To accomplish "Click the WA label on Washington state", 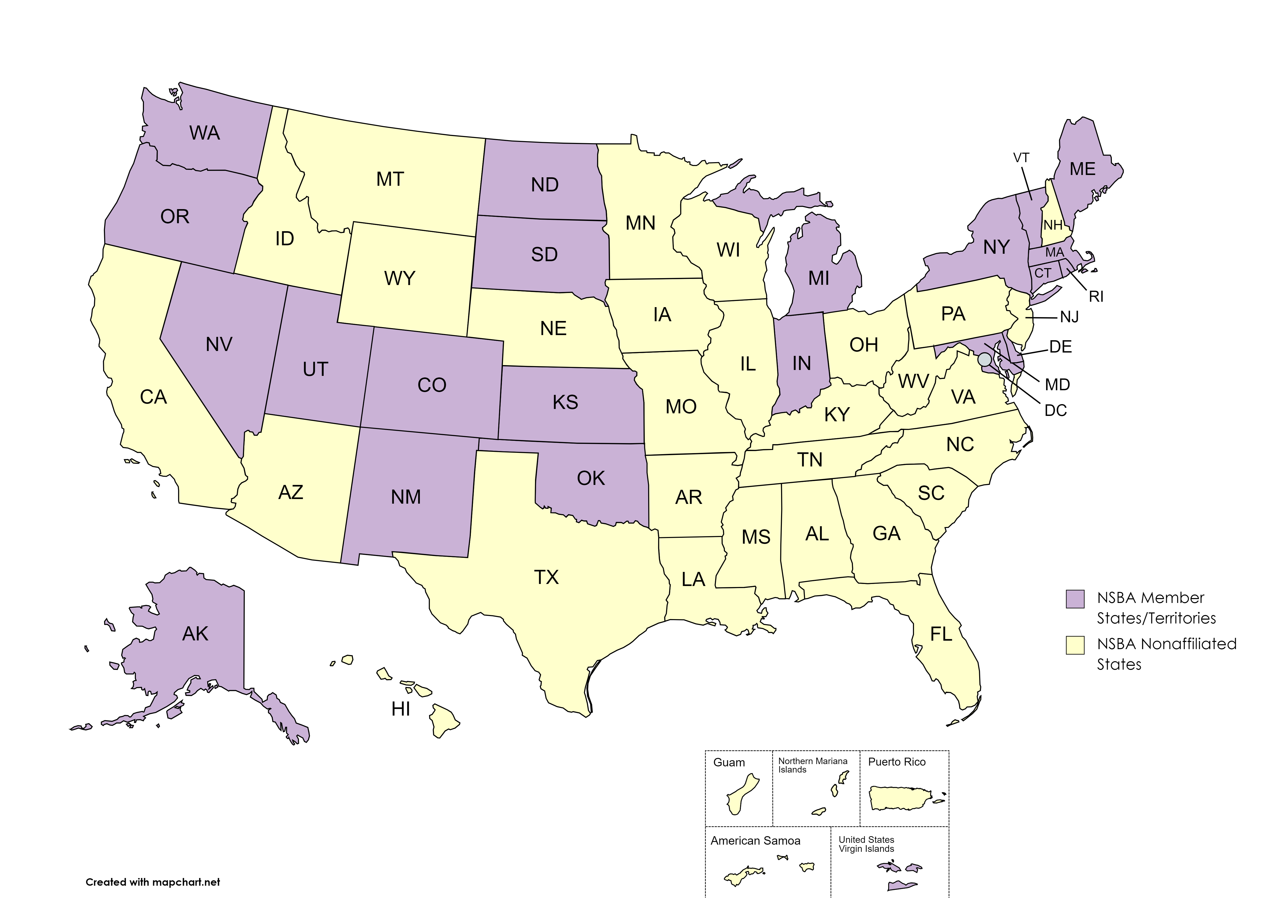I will [205, 133].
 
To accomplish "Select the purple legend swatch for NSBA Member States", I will [1075, 599].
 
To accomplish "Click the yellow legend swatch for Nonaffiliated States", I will [1075, 645].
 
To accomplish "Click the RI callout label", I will [1096, 297].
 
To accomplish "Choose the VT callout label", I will [1021, 158].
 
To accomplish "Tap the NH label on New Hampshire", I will [1053, 225].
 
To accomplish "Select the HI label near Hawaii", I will [401, 709].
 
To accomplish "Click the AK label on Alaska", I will [195, 634].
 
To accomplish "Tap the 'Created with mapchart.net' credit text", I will [153, 882].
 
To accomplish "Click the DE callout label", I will [1060, 347].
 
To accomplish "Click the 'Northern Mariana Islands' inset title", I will [812, 765].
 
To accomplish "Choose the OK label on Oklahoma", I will [591, 478].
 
